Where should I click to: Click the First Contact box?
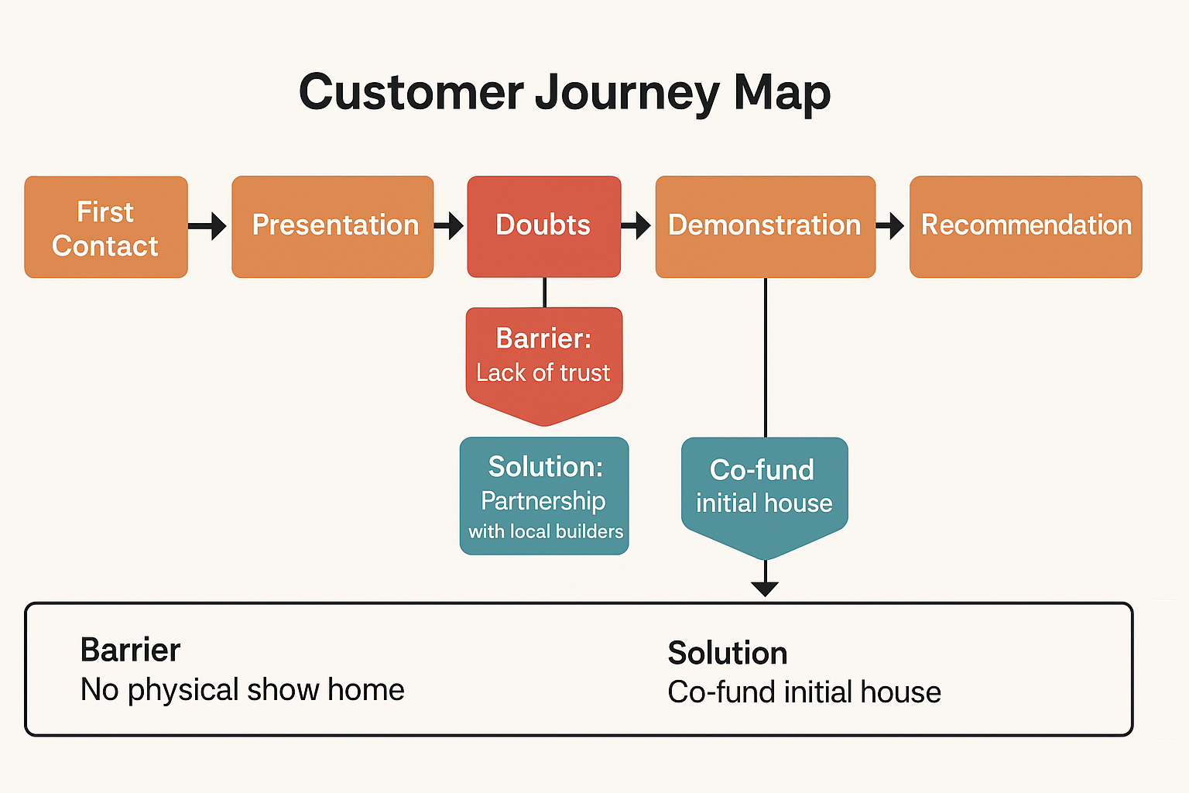[106, 227]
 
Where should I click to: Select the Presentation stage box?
[333, 227]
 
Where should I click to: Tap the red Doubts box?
[544, 227]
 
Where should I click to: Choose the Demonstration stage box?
[766, 227]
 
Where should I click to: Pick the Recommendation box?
[1026, 227]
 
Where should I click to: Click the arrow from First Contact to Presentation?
[207, 226]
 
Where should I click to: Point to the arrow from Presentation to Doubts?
[448, 226]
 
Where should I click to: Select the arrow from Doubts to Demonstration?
[636, 226]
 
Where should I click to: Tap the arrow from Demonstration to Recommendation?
[890, 226]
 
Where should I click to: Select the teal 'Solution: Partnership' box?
[544, 496]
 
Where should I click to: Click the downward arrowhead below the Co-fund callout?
[765, 588]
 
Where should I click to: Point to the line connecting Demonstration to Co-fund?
[766, 358]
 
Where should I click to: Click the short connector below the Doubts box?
[545, 293]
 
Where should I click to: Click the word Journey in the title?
[627, 93]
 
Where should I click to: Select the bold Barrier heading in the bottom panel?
[130, 650]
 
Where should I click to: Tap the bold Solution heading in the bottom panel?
[727, 653]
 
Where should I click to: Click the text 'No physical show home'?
[242, 690]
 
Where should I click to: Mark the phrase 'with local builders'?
[546, 531]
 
